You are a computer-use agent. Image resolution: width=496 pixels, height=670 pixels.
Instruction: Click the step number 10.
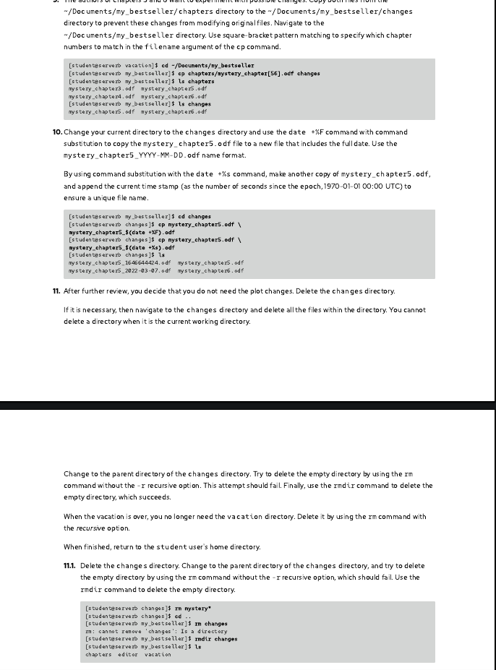[57, 132]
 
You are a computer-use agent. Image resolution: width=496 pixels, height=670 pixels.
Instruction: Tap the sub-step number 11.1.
[71, 566]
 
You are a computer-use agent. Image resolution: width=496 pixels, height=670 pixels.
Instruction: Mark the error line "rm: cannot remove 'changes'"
[155, 631]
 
